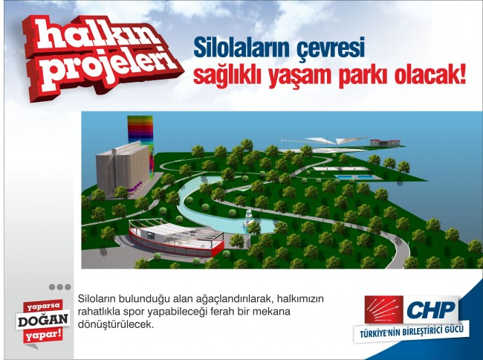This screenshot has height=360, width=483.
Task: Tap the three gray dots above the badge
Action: (x=59, y=286)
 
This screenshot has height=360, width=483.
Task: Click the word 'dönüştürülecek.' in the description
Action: (x=116, y=324)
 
